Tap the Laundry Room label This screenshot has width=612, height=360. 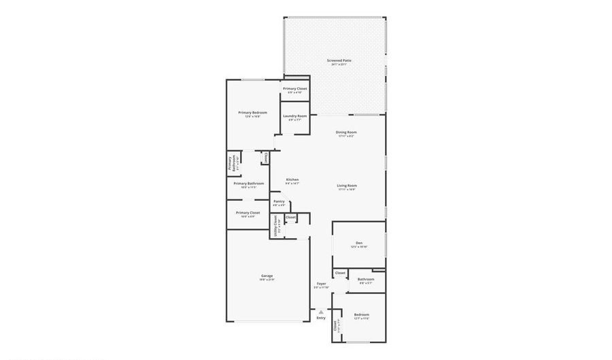(x=294, y=116)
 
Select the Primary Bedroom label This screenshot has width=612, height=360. (x=252, y=112)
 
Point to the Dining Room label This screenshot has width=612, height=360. (x=346, y=132)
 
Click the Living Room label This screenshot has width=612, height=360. (x=346, y=186)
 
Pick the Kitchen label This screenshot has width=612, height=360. (x=292, y=180)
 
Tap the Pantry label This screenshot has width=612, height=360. (x=279, y=201)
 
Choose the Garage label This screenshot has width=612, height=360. (x=267, y=276)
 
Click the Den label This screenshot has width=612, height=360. (x=358, y=243)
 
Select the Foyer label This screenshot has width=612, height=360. (x=321, y=284)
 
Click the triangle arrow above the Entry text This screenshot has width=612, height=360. (x=321, y=312)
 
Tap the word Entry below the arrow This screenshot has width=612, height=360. (x=321, y=318)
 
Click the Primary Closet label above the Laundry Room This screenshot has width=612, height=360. (x=294, y=89)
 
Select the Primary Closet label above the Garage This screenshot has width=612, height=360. (x=248, y=213)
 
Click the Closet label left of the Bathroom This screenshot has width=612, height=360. (x=341, y=273)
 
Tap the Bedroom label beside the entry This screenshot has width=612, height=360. (x=361, y=314)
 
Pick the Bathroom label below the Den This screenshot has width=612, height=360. (x=366, y=279)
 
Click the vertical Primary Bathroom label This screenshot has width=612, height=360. (x=231, y=165)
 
